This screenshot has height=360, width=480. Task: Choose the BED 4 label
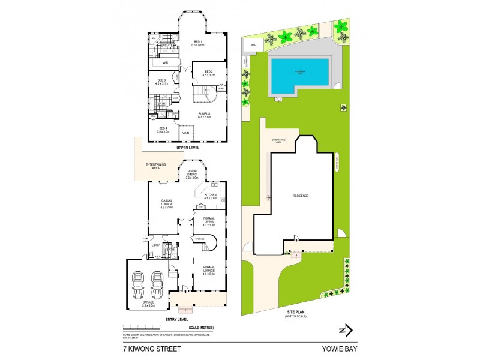pos(163,129)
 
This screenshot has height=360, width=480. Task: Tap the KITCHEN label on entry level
pos(211,196)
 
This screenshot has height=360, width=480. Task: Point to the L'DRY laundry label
pos(155,245)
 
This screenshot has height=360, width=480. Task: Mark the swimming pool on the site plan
pos(298,75)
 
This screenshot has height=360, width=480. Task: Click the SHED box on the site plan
pos(253,44)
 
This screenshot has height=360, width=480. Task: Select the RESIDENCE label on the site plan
pos(301,196)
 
